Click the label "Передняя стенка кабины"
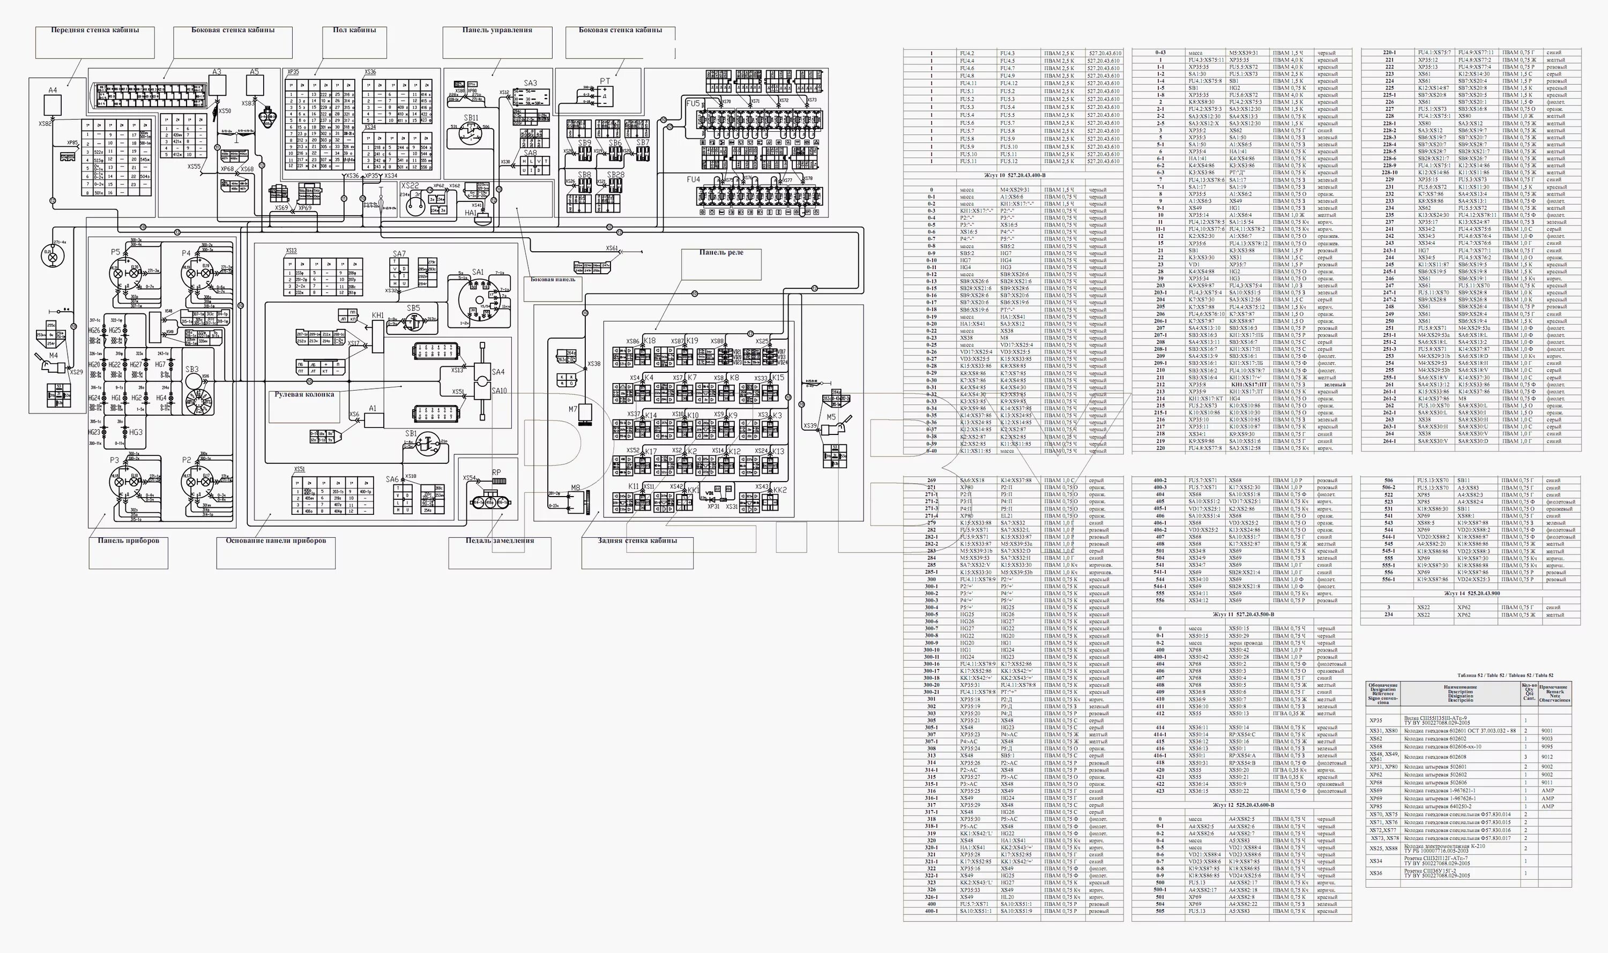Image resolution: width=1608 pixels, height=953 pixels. click(94, 30)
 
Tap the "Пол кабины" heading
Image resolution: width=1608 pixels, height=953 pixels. click(354, 30)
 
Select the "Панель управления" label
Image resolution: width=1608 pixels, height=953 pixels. click(496, 30)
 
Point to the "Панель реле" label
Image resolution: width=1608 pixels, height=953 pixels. click(721, 253)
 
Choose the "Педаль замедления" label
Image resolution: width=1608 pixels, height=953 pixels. click(499, 541)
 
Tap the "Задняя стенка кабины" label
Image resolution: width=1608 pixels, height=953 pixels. click(637, 541)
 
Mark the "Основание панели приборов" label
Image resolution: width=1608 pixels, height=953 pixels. click(276, 541)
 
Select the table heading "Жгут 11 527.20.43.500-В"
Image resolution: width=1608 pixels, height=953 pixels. click(1242, 614)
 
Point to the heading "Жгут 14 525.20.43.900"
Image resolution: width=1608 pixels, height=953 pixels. click(1471, 594)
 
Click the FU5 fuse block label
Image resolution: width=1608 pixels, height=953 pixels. click(692, 104)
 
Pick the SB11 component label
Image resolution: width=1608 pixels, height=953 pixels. click(471, 118)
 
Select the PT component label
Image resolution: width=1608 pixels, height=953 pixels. click(605, 81)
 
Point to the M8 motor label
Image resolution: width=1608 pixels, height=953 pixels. click(575, 488)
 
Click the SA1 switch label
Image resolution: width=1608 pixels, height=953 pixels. click(478, 272)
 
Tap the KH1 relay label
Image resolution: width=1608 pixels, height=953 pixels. click(378, 316)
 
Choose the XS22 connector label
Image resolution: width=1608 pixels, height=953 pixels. click(409, 186)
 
